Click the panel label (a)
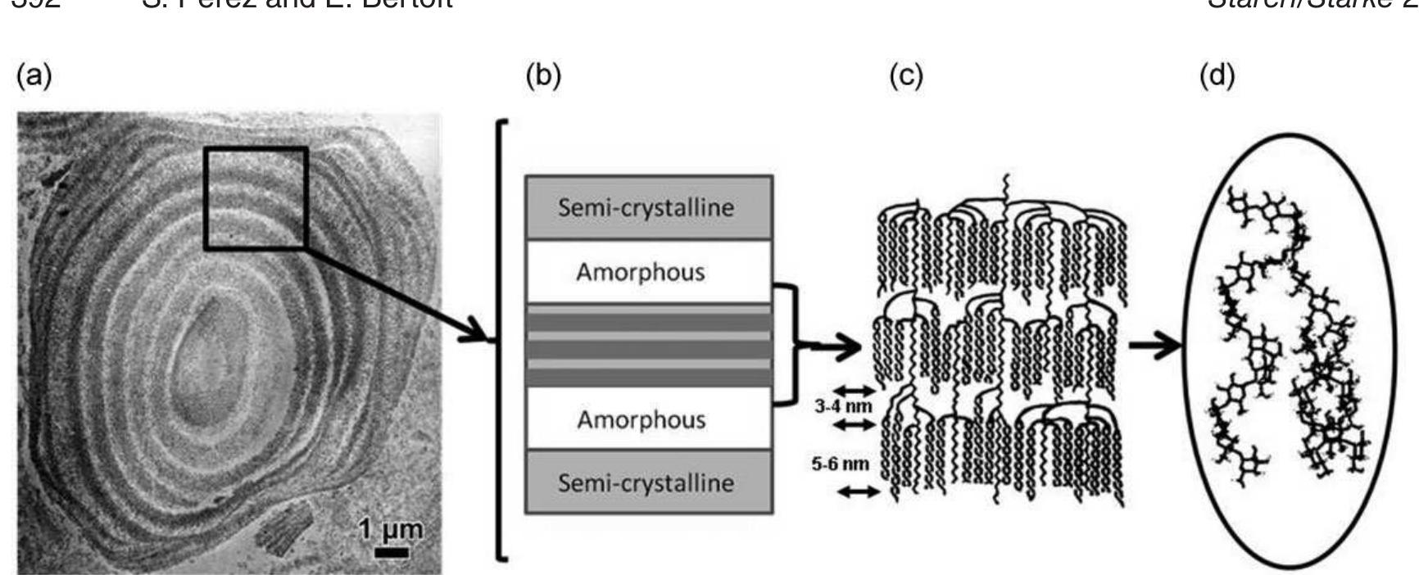[x=34, y=76]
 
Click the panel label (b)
[x=543, y=76]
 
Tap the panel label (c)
[x=906, y=76]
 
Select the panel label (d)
[x=1217, y=76]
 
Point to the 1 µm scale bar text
[x=392, y=530]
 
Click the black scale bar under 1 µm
[x=392, y=553]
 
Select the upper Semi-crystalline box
[x=647, y=207]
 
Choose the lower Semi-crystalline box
[x=647, y=482]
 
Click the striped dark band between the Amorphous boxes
[x=647, y=346]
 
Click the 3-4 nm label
[x=843, y=406]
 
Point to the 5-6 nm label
[x=840, y=464]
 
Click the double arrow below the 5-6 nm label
[x=858, y=491]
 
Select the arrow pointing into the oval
[x=1155, y=346]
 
